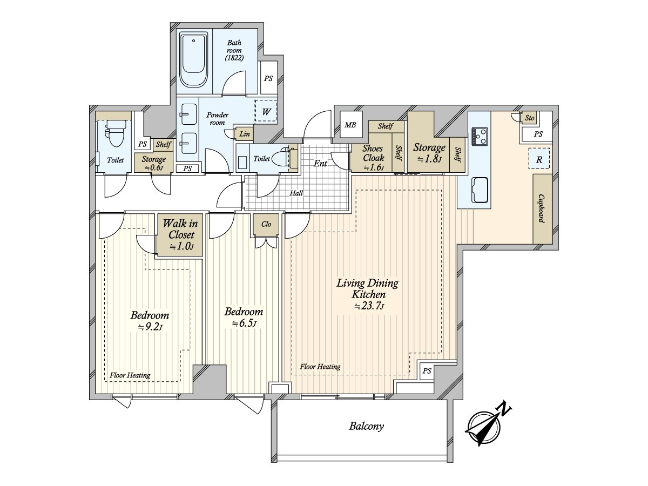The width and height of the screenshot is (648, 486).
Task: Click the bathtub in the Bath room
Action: click(x=193, y=60)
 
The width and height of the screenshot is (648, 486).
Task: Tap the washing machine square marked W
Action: click(x=266, y=111)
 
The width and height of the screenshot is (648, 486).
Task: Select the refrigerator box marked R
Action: click(x=539, y=158)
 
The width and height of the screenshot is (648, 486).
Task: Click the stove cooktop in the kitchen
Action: click(x=480, y=136)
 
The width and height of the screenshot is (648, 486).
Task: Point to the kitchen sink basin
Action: click(x=480, y=190)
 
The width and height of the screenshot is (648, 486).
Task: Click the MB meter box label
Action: click(x=350, y=125)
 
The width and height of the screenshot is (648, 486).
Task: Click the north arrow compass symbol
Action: click(x=487, y=427)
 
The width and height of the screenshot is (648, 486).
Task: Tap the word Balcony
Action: click(x=366, y=426)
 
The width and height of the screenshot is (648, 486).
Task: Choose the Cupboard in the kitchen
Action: click(x=542, y=208)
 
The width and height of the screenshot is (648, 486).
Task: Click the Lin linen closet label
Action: click(x=245, y=134)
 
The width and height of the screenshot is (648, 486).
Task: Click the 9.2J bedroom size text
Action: click(x=150, y=327)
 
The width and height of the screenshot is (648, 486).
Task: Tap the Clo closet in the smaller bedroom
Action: click(x=266, y=224)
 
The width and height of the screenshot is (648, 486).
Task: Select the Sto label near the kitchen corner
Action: click(x=529, y=118)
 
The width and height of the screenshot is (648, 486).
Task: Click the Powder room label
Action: click(x=217, y=118)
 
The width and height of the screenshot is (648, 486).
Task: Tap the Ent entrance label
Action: click(x=320, y=163)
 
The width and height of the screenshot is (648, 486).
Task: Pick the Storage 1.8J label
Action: click(x=429, y=153)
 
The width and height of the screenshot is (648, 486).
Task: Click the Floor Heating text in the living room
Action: click(x=320, y=367)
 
